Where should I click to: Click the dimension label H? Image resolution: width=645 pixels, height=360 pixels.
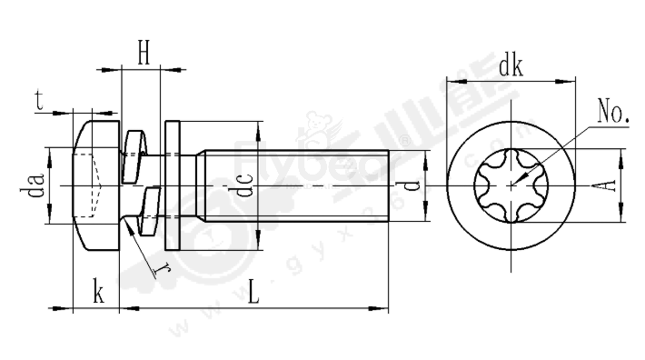click(x=144, y=53)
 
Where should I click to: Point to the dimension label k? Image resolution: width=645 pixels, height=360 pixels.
click(x=97, y=294)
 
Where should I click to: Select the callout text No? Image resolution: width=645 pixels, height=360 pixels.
click(x=614, y=113)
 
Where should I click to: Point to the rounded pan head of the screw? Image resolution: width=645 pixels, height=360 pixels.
click(x=95, y=186)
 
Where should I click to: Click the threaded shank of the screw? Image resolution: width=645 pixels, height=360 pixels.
click(x=300, y=186)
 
